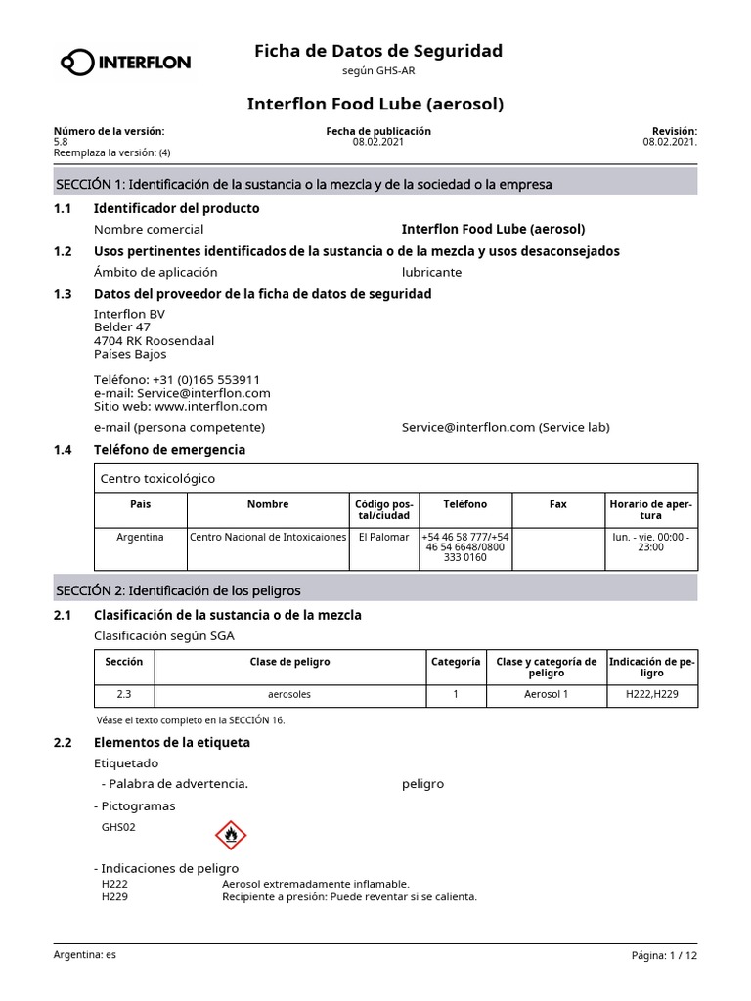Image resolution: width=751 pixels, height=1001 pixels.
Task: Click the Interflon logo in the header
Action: pos(125,64)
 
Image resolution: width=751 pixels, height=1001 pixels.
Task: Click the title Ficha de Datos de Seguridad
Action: pos(378,50)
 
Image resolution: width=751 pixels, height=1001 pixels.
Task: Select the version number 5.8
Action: pos(61,142)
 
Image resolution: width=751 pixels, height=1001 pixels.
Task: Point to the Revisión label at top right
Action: pos(674,131)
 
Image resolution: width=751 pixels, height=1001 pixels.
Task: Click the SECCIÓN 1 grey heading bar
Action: pos(375,184)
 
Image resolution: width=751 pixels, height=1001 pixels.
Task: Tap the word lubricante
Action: pos(431,272)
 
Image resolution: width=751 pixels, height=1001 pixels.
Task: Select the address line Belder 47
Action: pos(122,326)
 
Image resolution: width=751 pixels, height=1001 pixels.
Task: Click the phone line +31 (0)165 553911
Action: pos(177,379)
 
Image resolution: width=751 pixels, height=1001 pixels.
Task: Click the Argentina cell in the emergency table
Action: pos(141,537)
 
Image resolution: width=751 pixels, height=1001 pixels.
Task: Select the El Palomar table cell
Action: pos(383,537)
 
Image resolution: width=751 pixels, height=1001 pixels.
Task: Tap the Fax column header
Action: pos(557,504)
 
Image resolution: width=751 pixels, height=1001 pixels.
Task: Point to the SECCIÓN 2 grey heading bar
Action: pos(375,590)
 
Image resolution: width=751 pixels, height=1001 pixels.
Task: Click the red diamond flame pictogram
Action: pos(231,835)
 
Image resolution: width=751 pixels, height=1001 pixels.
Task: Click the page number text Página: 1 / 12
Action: pos(665,955)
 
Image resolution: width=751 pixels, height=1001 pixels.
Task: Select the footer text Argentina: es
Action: pos(84,954)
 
